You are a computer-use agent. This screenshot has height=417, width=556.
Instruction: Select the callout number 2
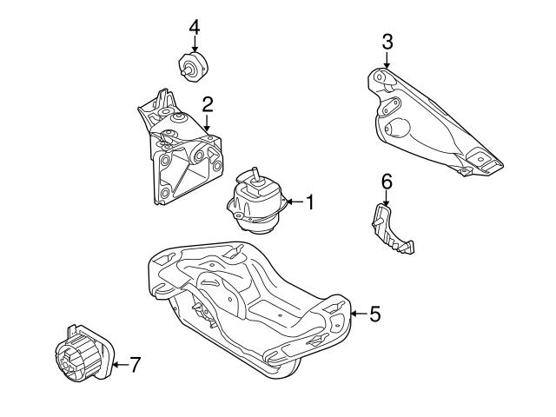(x=208, y=105)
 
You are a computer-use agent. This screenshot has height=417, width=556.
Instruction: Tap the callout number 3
(x=387, y=41)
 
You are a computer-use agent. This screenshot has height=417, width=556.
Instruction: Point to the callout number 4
(x=195, y=27)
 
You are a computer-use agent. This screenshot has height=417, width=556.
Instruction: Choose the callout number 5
(x=374, y=314)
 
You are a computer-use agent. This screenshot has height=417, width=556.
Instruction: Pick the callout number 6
(x=387, y=181)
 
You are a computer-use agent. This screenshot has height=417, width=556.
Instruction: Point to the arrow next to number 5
(x=356, y=314)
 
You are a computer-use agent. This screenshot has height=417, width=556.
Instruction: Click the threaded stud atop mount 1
(x=255, y=173)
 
